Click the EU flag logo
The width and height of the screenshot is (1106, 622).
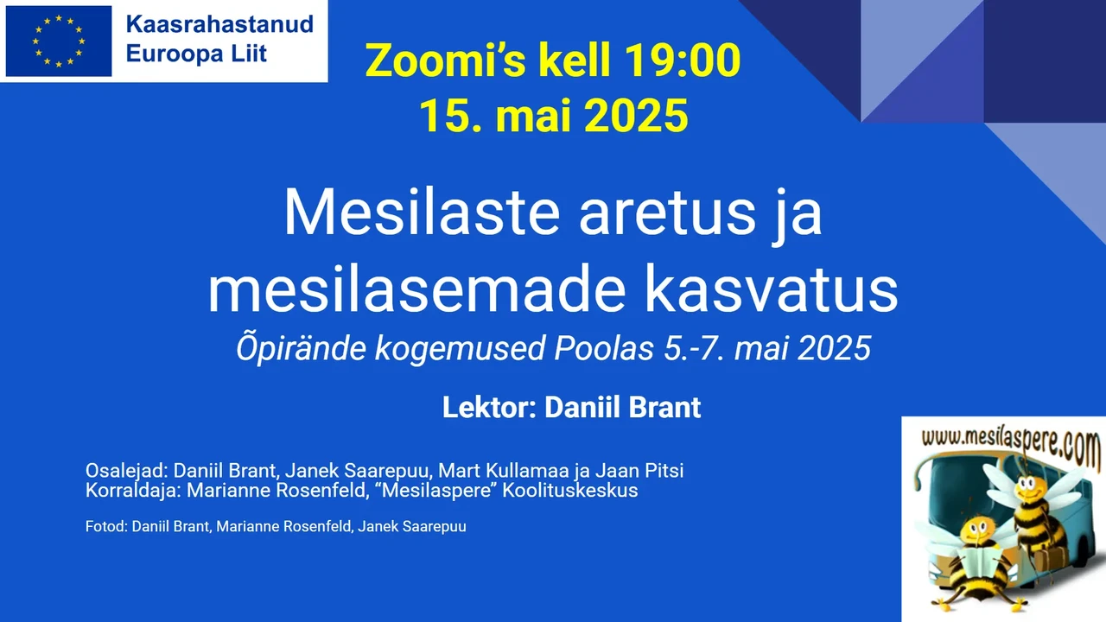click(x=59, y=41)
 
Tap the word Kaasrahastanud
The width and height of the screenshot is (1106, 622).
click(x=219, y=24)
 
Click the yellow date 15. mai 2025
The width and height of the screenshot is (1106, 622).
click(x=554, y=116)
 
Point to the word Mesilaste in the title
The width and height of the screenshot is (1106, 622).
click(x=422, y=212)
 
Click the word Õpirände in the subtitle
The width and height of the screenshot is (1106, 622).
click(x=302, y=349)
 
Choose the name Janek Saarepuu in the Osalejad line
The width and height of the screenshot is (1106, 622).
click(x=359, y=471)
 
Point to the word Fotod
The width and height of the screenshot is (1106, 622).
click(x=106, y=527)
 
